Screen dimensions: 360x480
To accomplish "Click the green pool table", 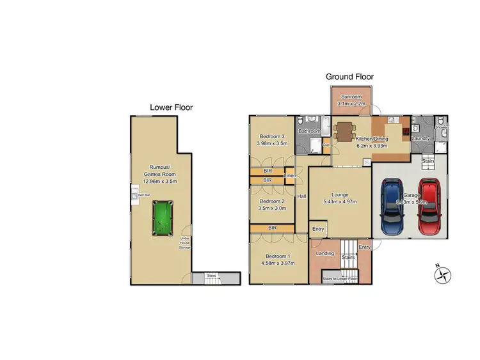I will [162, 219].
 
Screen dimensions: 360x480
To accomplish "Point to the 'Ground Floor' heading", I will [349, 77].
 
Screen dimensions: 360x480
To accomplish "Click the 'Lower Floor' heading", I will [171, 107].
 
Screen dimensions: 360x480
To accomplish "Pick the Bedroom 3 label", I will [271, 136].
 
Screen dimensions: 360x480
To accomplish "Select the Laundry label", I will [420, 138].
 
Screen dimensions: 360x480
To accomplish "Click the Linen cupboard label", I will [290, 175].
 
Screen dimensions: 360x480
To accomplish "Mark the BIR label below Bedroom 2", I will [272, 228].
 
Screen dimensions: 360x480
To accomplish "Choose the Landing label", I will [325, 254].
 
